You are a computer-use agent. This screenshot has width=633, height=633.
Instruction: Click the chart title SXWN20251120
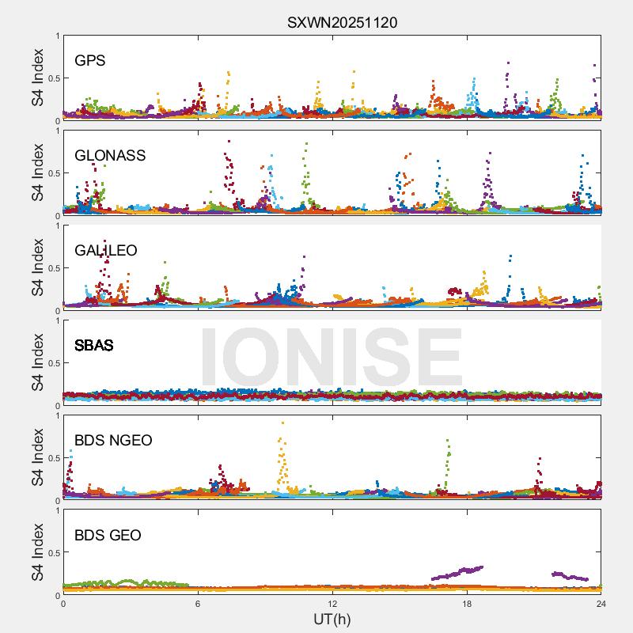(x=342, y=23)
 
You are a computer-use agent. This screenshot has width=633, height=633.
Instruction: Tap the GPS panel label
(x=90, y=61)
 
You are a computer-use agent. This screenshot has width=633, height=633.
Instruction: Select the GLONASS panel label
(x=110, y=156)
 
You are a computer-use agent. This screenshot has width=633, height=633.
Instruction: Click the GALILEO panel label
(x=105, y=251)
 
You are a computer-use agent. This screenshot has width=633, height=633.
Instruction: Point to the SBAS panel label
(x=93, y=346)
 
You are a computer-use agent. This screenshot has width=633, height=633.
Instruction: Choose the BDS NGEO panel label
(x=113, y=441)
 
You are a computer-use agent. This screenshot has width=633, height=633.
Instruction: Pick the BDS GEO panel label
(x=108, y=536)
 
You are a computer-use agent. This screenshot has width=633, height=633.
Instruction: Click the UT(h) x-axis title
(x=332, y=619)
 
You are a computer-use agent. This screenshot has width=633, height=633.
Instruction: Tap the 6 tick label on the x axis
(x=198, y=604)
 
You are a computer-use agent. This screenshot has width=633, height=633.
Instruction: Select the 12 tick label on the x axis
(x=332, y=604)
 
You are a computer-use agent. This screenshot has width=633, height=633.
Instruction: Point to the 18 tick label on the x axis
(x=467, y=604)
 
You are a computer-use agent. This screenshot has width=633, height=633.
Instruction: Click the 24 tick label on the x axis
(x=601, y=604)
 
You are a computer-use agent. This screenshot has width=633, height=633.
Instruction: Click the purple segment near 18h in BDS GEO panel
(x=459, y=572)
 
